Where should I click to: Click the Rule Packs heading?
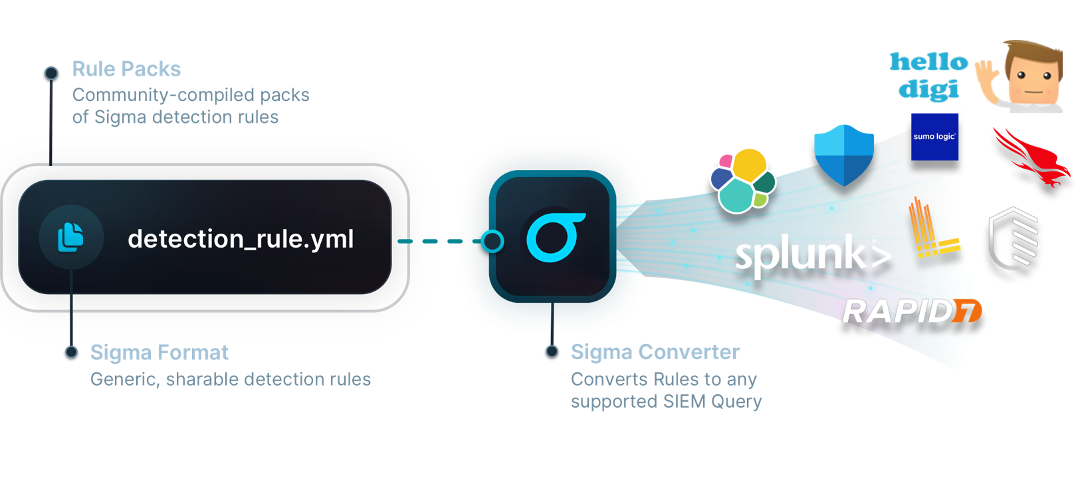pos(126,69)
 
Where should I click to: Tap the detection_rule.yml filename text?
pos(241,239)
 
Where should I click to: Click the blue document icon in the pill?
pos(70,237)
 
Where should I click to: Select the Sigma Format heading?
pos(160,353)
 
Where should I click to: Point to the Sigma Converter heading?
pos(655,352)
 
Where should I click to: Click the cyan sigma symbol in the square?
pos(556,236)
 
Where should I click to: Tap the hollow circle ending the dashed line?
pos(492,241)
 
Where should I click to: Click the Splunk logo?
pos(813,256)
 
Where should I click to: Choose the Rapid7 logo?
pos(913,311)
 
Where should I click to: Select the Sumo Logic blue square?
pos(934,137)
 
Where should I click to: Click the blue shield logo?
pos(844,155)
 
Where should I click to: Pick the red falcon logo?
pos(1032,157)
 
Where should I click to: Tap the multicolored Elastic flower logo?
pos(743,181)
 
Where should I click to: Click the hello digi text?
pos(929,76)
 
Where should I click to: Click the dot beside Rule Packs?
pos(51,73)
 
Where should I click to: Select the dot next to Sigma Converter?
pos(552,351)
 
